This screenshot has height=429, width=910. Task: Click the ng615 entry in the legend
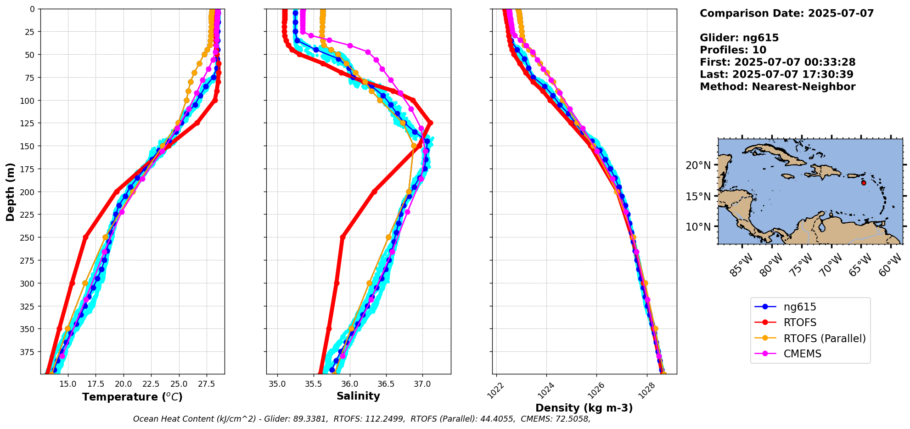[x=799, y=307]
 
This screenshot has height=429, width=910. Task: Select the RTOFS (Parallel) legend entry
[x=824, y=339]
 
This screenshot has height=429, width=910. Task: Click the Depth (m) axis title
[x=10, y=192]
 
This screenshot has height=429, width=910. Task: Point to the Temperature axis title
[x=132, y=397]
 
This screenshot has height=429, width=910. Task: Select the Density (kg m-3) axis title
[x=584, y=408]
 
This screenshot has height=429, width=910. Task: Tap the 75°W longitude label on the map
[x=801, y=265]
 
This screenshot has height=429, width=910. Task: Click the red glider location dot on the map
[x=864, y=183]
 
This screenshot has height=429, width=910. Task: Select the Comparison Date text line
[x=786, y=13]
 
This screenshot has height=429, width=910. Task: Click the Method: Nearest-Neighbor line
[x=777, y=87]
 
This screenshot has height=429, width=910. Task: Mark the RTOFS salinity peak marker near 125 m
[x=430, y=123]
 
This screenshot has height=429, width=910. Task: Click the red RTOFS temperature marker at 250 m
[x=85, y=237]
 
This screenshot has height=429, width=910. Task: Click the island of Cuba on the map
[x=776, y=153]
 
